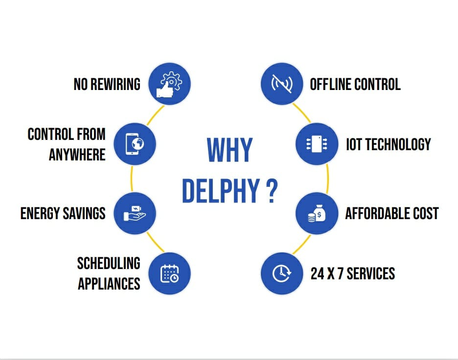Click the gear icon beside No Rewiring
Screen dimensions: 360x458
tap(169, 83)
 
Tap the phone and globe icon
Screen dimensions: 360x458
tap(135, 143)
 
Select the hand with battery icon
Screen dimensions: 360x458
tap(135, 213)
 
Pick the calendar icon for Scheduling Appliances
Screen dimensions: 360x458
tap(169, 273)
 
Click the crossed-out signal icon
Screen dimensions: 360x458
tap(281, 83)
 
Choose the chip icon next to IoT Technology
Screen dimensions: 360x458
tap(317, 143)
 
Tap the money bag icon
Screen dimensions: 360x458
tap(317, 213)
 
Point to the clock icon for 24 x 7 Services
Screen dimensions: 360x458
tap(281, 273)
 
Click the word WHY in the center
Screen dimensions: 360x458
tap(229, 150)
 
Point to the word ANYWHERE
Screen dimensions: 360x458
tap(77, 155)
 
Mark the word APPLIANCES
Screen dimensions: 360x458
tap(109, 284)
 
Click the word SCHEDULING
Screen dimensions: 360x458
tap(109, 263)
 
